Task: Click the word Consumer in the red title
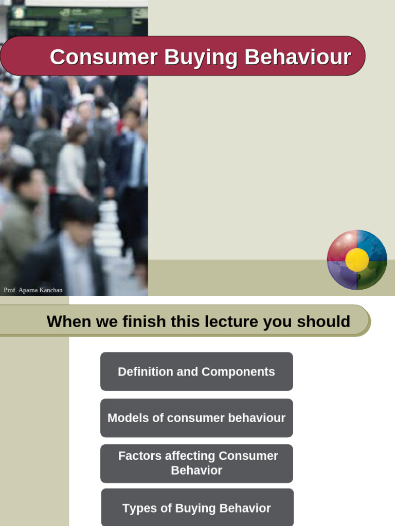[x=103, y=57]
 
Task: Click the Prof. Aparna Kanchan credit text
[x=33, y=290]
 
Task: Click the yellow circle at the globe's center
[x=357, y=260]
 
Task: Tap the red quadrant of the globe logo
[x=340, y=245]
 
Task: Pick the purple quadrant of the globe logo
[x=341, y=275]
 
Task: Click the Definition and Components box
[x=196, y=371]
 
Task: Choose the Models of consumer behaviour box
[x=196, y=418]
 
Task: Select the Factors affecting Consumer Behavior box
[x=196, y=463]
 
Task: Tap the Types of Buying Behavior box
[x=196, y=508]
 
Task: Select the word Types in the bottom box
[x=138, y=508]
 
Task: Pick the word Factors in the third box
[x=138, y=456]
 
